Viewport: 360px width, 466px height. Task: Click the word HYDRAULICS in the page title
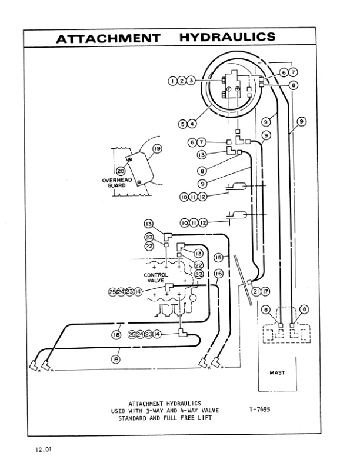click(227, 38)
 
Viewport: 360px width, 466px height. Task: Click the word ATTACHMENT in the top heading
click(108, 38)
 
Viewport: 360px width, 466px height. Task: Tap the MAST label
click(277, 372)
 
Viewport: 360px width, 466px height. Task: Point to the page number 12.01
click(42, 450)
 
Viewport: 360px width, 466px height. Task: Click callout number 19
click(157, 149)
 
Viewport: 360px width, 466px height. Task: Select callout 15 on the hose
click(218, 258)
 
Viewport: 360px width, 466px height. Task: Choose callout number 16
click(218, 274)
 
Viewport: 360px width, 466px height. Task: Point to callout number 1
click(172, 80)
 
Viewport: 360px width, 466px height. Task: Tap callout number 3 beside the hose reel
click(191, 80)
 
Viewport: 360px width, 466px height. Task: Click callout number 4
click(192, 124)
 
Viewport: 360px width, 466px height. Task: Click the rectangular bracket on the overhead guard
click(139, 168)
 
